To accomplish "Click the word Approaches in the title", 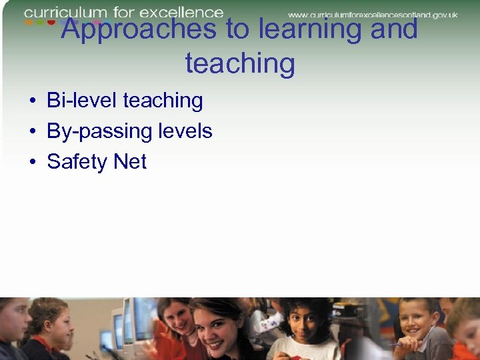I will [x=139, y=30].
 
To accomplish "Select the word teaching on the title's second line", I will [x=240, y=64].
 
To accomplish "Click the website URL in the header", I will [x=373, y=14].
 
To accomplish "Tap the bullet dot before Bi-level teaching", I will [x=32, y=101].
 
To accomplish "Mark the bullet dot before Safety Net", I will [x=32, y=162].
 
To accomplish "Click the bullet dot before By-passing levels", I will [x=32, y=132].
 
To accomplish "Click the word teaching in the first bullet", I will [x=163, y=101].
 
